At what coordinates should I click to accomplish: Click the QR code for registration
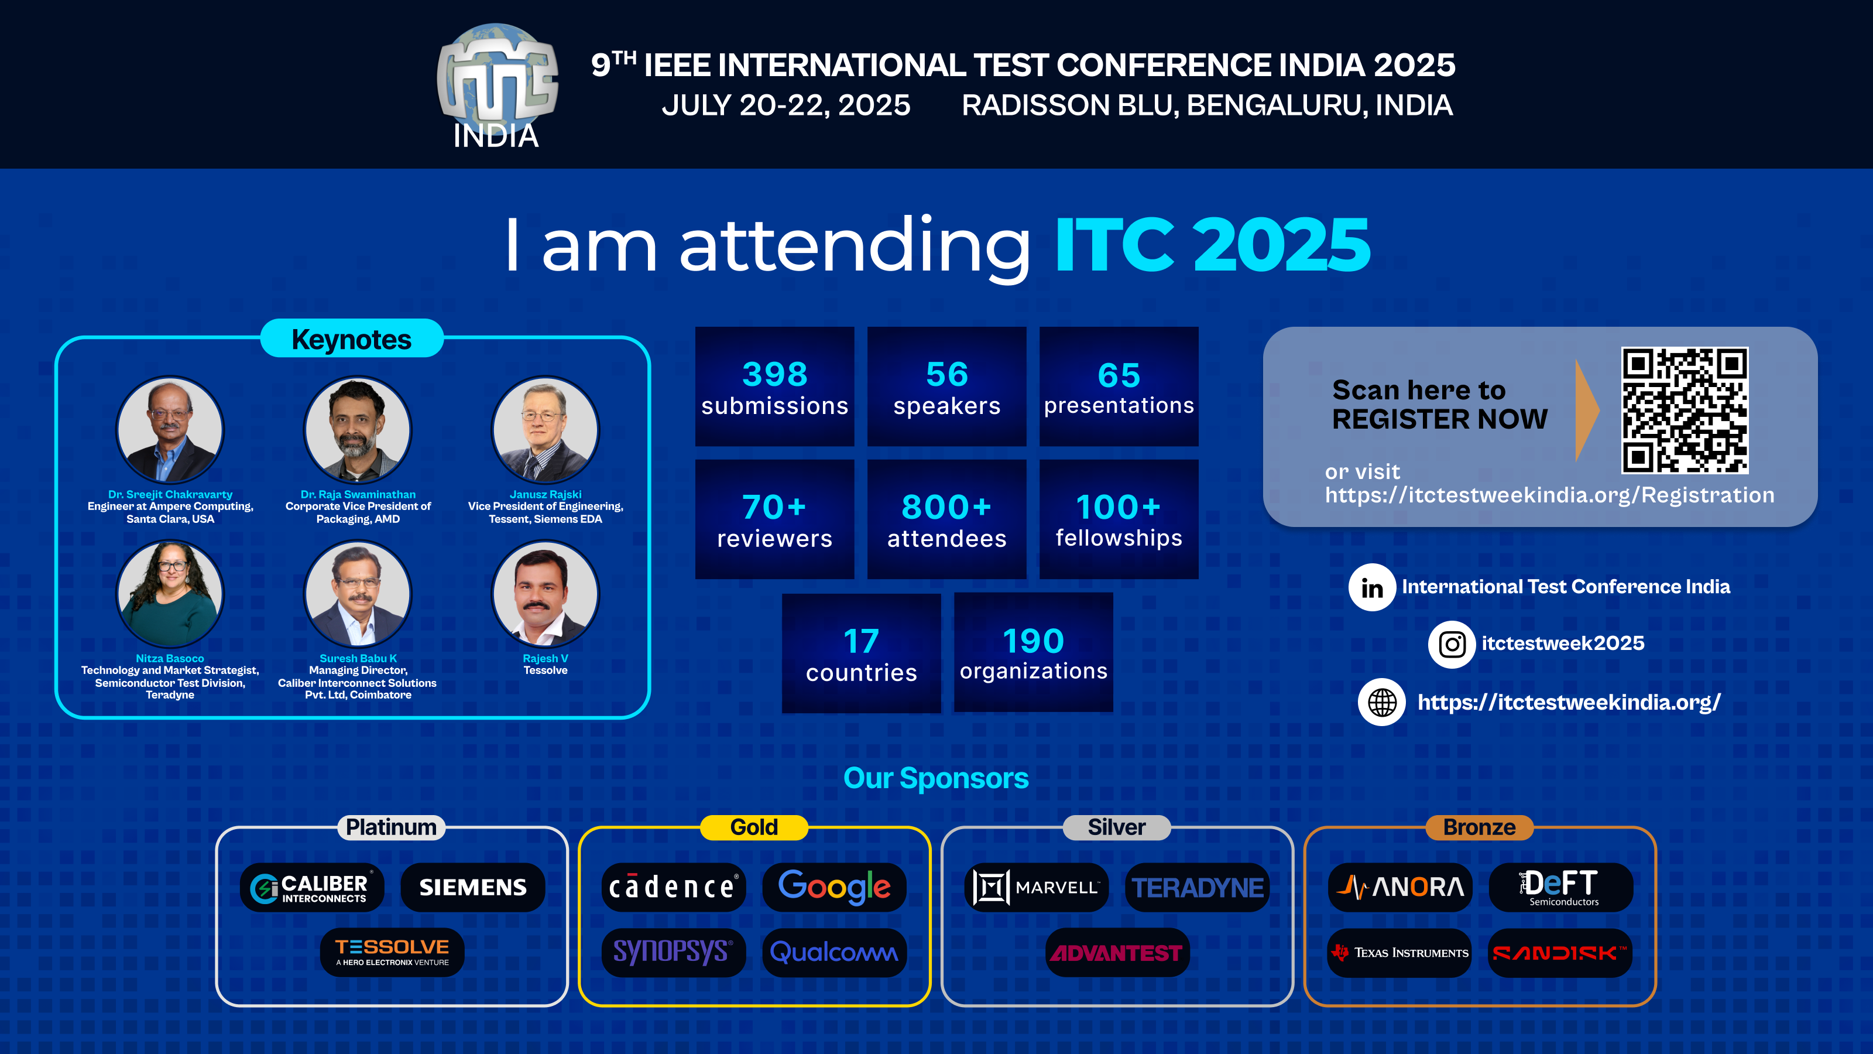point(1684,410)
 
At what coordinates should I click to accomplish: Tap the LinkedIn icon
point(1371,587)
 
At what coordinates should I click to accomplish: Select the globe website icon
point(1381,702)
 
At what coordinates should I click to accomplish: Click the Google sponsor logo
point(834,887)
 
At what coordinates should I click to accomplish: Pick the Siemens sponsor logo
point(472,887)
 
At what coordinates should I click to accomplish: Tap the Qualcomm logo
point(834,952)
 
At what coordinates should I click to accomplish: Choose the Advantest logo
point(1117,952)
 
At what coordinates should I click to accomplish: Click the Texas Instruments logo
point(1399,952)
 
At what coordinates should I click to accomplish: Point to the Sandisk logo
point(1560,952)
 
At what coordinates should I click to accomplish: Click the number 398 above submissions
point(774,375)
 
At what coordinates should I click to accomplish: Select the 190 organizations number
point(1033,641)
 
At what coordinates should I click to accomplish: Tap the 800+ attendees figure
point(946,507)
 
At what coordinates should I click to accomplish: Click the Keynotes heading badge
point(352,339)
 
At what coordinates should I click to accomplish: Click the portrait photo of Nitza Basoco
point(170,594)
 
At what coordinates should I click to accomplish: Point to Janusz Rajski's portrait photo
point(546,429)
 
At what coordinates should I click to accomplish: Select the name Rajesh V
point(546,658)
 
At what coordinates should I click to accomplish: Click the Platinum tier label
point(391,827)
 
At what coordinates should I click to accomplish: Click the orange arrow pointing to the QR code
point(1587,410)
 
